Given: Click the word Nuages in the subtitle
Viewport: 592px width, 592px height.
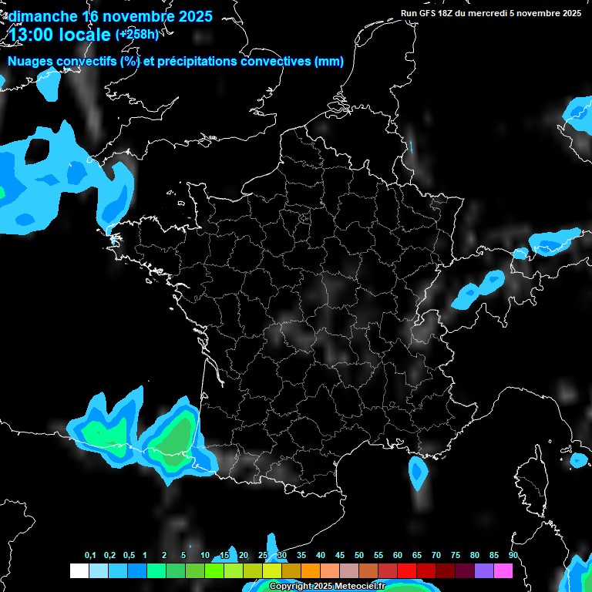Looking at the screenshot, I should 31,62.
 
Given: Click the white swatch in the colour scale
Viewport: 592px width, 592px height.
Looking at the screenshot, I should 79,570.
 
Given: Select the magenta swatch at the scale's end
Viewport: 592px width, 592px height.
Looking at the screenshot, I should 503,570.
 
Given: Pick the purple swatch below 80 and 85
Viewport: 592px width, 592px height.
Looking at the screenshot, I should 484,570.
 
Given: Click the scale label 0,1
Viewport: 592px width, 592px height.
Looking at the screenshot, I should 90,556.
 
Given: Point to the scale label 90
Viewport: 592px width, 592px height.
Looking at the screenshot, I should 513,556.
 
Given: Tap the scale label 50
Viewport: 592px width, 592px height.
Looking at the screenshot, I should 359,556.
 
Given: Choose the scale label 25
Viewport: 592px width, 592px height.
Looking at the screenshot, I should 263,556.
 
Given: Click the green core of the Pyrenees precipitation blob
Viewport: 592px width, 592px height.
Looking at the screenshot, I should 176,436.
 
